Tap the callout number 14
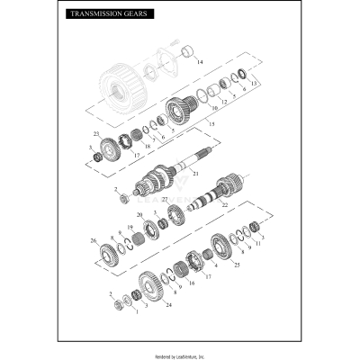(201, 62)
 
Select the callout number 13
(255, 82)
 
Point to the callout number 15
(212, 122)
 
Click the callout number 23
(95, 134)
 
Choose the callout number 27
(164, 199)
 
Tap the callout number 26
(94, 240)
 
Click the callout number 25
(236, 266)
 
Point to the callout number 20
(139, 214)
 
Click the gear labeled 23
(112, 148)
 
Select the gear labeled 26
(109, 251)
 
